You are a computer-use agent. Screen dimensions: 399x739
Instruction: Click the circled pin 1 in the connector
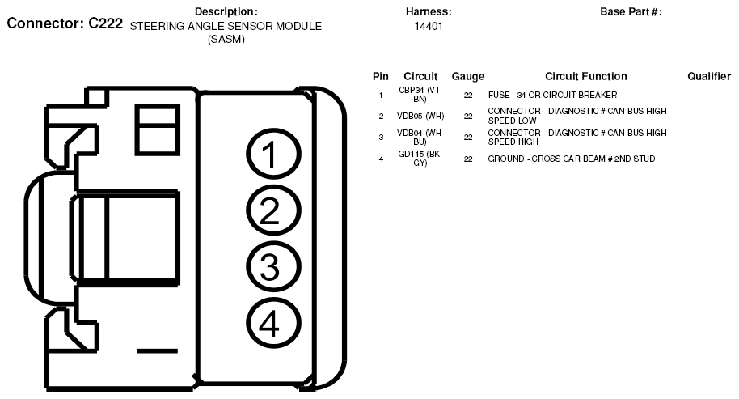click(272, 156)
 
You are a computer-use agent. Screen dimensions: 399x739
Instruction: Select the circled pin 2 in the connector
click(272, 212)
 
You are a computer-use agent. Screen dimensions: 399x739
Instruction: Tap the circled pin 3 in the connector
click(272, 268)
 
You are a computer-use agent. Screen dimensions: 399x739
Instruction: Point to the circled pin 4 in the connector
click(272, 324)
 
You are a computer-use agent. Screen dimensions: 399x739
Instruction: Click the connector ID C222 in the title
click(105, 23)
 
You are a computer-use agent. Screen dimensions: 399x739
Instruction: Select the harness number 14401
click(429, 26)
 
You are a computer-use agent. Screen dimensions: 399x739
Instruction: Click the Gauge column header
click(468, 76)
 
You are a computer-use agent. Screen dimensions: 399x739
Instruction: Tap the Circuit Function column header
click(586, 76)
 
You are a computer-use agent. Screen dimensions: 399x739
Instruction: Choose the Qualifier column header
click(709, 76)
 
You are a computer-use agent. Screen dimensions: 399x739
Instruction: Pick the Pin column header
click(381, 76)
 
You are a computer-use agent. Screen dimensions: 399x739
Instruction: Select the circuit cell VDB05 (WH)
click(421, 116)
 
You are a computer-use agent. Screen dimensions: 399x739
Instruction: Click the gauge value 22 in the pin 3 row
click(468, 138)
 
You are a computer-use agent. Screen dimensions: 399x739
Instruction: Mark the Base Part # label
click(631, 11)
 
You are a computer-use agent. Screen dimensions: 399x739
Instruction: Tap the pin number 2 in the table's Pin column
click(381, 116)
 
